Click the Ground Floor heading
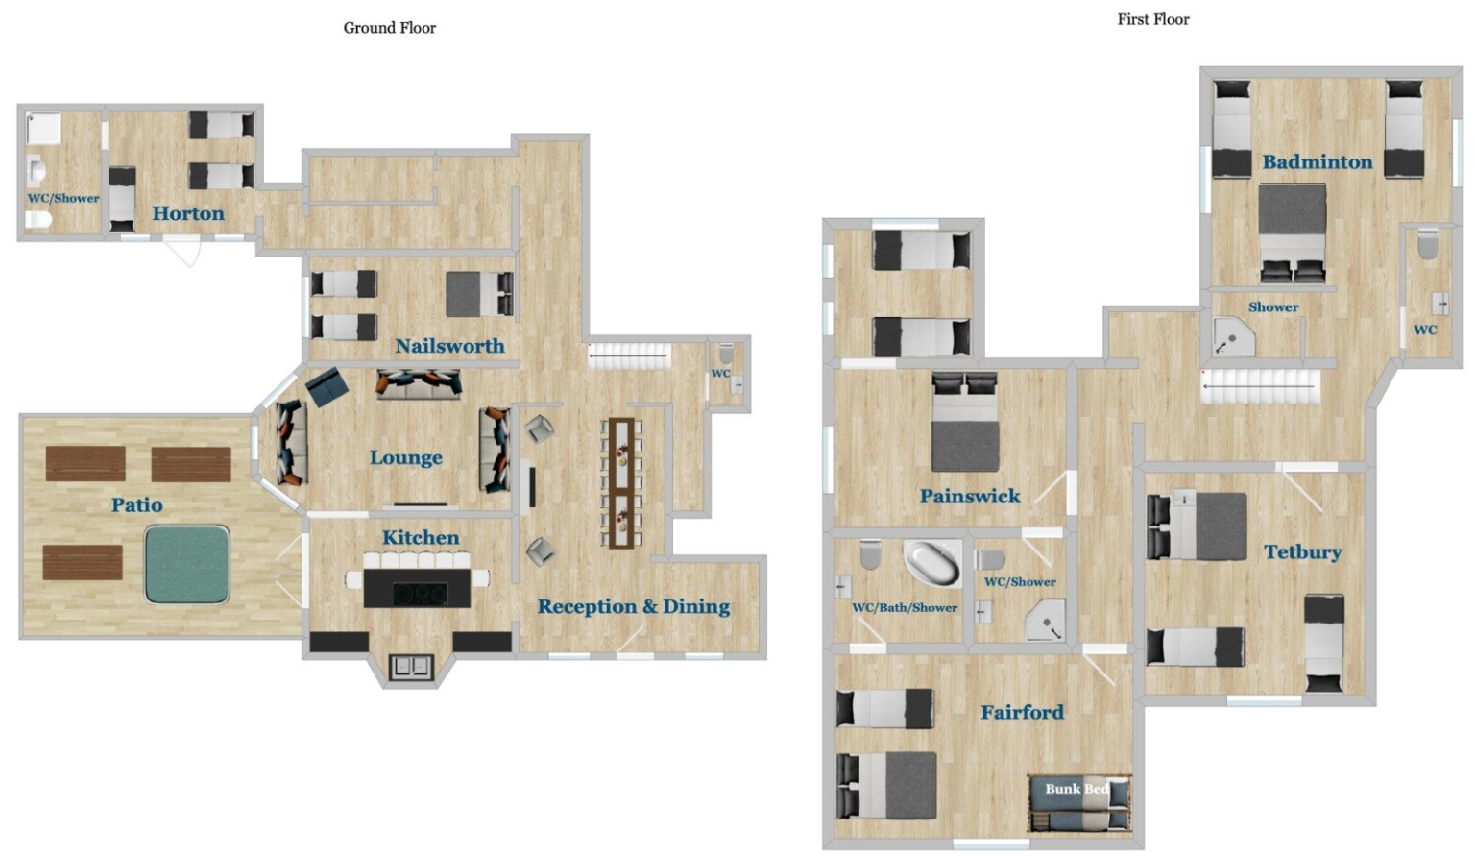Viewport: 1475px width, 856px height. [389, 28]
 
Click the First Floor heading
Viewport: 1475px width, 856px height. [1153, 20]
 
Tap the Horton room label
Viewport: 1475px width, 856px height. [188, 213]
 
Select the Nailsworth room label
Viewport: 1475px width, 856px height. [449, 345]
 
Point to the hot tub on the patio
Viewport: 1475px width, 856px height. [187, 565]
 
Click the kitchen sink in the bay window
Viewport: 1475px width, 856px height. [412, 667]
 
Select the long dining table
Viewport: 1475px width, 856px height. [621, 483]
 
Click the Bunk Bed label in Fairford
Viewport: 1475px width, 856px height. [1077, 788]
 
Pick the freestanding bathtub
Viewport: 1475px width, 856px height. [931, 563]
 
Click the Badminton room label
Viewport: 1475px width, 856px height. [1317, 161]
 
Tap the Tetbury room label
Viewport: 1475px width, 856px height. [1302, 551]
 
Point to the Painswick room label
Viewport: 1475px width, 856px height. [970, 496]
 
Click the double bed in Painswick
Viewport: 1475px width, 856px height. [965, 422]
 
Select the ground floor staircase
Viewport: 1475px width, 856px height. [630, 356]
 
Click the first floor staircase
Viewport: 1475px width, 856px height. [1260, 387]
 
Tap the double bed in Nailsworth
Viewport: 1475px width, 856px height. [479, 294]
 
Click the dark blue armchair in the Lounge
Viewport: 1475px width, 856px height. [327, 387]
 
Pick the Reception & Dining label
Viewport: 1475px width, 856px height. [634, 606]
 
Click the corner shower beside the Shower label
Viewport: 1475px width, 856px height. [1234, 337]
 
